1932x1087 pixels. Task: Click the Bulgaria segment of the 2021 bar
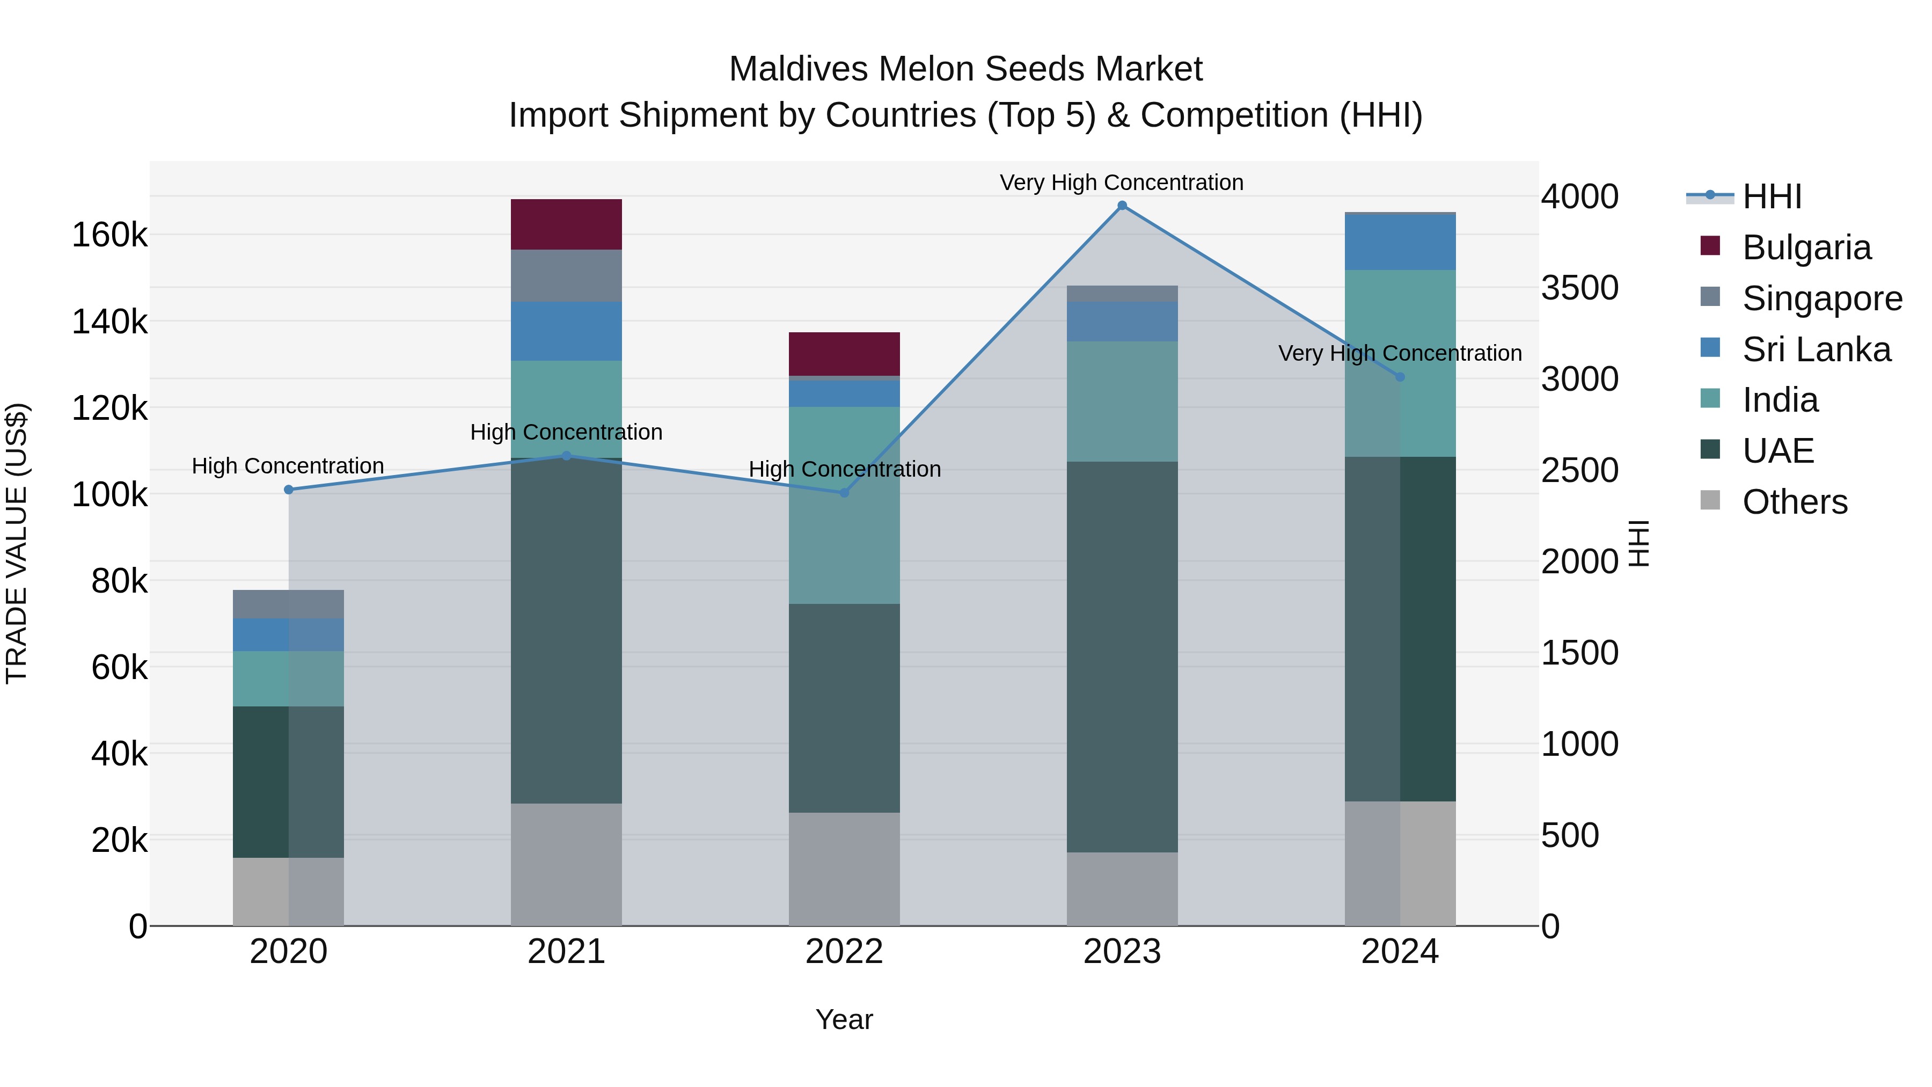(x=566, y=224)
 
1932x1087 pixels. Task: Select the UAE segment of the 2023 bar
(x=1122, y=656)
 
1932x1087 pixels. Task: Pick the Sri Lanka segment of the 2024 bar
(x=1400, y=242)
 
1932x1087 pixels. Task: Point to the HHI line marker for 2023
(x=1122, y=206)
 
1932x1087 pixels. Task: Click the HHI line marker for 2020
(x=289, y=490)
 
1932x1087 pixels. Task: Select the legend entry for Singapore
(x=1822, y=298)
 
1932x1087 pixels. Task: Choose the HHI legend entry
(x=1772, y=196)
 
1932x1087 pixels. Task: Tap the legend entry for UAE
(x=1777, y=451)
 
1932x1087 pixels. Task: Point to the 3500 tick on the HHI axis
(x=1579, y=288)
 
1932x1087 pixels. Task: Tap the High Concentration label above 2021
(x=566, y=432)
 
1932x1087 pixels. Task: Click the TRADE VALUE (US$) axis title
(x=17, y=543)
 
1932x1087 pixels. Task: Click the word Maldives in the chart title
(x=798, y=69)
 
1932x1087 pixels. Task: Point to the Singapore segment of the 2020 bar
(x=288, y=604)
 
